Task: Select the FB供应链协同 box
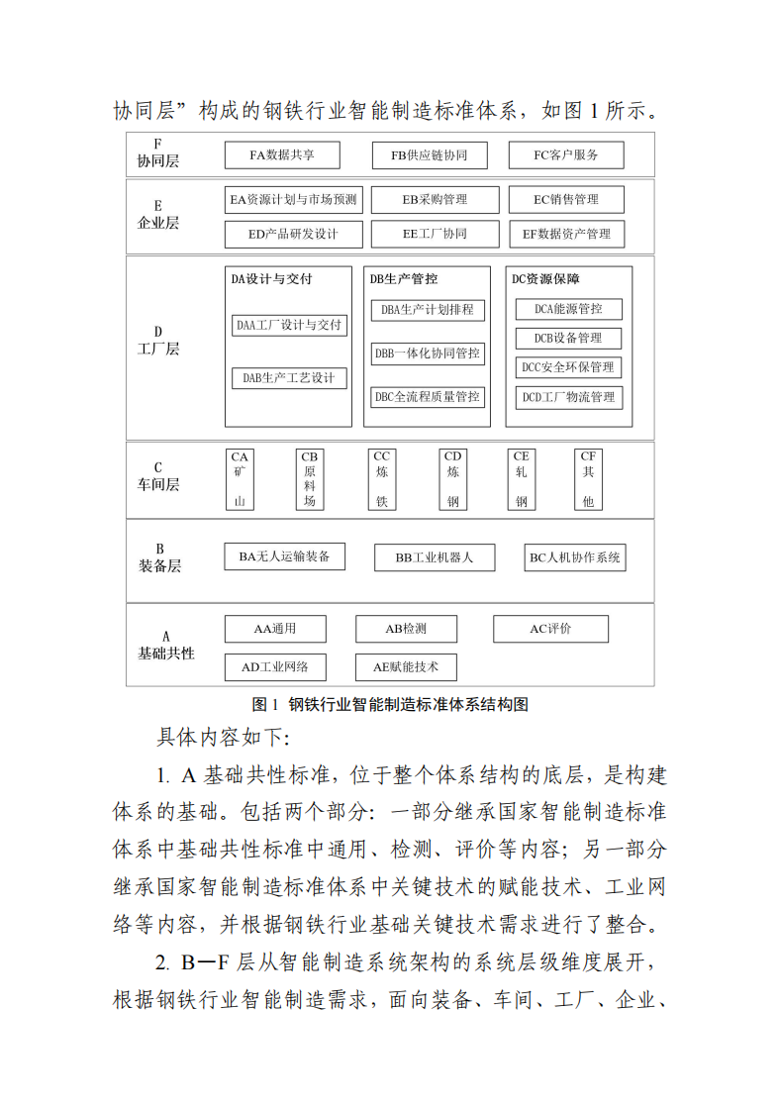429,155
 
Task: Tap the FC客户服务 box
565,155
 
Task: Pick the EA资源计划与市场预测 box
294,200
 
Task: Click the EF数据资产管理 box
566,235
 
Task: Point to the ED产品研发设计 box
294,235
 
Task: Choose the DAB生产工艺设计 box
289,377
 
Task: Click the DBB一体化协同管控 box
428,353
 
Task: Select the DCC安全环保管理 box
568,367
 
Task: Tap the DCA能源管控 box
568,309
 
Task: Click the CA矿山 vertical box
240,479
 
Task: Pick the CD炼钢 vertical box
452,479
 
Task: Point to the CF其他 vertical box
588,479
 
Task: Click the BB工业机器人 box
434,557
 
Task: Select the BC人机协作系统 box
574,557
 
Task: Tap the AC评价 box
550,629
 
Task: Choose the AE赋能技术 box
398,666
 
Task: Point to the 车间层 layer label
158,484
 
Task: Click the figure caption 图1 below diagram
390,705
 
